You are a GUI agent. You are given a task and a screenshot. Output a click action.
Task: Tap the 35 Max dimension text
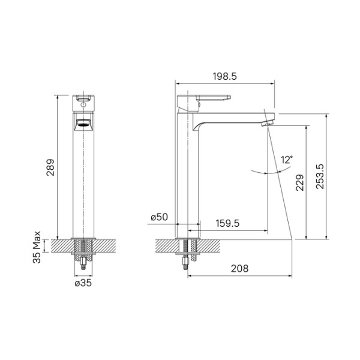pyautogui.click(x=38, y=247)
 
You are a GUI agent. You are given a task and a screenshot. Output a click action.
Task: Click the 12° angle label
pyautogui.click(x=287, y=160)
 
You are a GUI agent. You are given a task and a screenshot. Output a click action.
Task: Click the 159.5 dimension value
pyautogui.click(x=228, y=223)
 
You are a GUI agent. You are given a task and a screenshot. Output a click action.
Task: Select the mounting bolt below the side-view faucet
pyautogui.click(x=187, y=255)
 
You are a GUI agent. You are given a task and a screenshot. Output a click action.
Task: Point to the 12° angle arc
pyautogui.click(x=264, y=172)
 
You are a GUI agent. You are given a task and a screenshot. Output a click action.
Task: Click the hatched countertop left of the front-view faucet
pyautogui.click(x=62, y=245)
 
